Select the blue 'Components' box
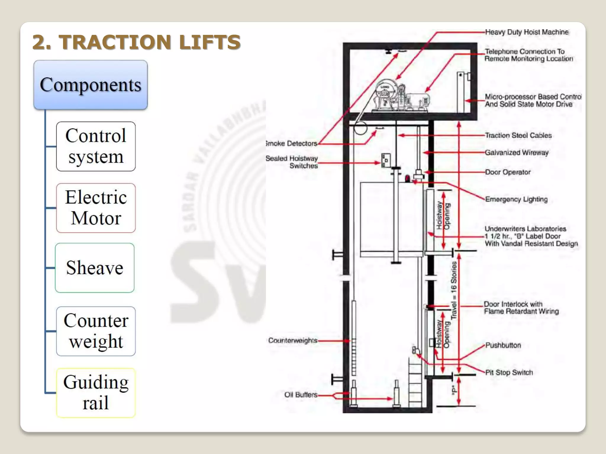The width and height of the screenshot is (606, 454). [x=91, y=85]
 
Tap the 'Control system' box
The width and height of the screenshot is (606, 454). [x=96, y=146]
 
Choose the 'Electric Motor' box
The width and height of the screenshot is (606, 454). [x=96, y=208]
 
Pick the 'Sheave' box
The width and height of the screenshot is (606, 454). [x=95, y=268]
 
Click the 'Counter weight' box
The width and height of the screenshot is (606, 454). [x=96, y=331]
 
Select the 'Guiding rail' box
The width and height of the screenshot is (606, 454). [x=96, y=393]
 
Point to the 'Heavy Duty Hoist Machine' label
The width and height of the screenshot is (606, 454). [x=527, y=32]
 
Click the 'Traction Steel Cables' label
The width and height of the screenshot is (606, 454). [x=518, y=135]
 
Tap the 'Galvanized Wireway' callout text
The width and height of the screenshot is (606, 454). [x=517, y=153]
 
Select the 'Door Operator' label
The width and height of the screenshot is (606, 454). [x=508, y=172]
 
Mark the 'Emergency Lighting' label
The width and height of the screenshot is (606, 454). [x=516, y=199]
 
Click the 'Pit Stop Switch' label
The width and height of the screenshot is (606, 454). [x=509, y=372]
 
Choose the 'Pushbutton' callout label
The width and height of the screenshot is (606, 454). [x=503, y=345]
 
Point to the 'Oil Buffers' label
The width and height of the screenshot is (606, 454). [x=301, y=395]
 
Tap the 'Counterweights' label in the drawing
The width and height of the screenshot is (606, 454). [x=293, y=340]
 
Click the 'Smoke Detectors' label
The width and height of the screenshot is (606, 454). [x=291, y=143]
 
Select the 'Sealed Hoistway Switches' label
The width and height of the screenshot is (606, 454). [x=292, y=162]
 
